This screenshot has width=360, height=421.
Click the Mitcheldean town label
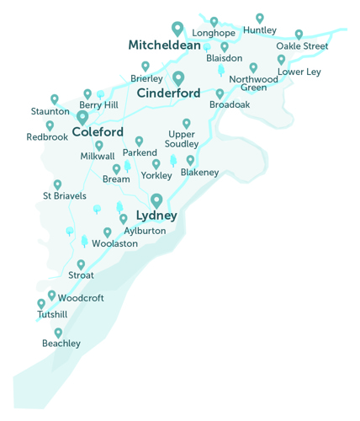click(164, 45)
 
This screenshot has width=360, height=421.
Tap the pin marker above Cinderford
click(178, 77)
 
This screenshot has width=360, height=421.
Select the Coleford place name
click(98, 132)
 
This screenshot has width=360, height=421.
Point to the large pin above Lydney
click(156, 200)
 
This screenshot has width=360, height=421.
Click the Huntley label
click(259, 30)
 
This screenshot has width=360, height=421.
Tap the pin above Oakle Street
click(299, 35)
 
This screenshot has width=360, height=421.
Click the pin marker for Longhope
click(214, 21)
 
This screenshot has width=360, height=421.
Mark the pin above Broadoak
click(220, 93)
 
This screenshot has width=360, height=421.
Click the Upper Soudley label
click(182, 139)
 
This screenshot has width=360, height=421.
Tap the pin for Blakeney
click(190, 159)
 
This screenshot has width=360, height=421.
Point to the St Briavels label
click(65, 196)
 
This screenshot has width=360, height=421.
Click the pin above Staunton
click(55, 99)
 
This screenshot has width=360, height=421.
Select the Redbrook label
click(46, 136)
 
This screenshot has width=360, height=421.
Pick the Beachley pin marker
click(58, 333)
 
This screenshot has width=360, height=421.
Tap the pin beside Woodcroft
click(52, 295)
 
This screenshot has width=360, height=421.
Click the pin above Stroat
click(81, 264)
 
